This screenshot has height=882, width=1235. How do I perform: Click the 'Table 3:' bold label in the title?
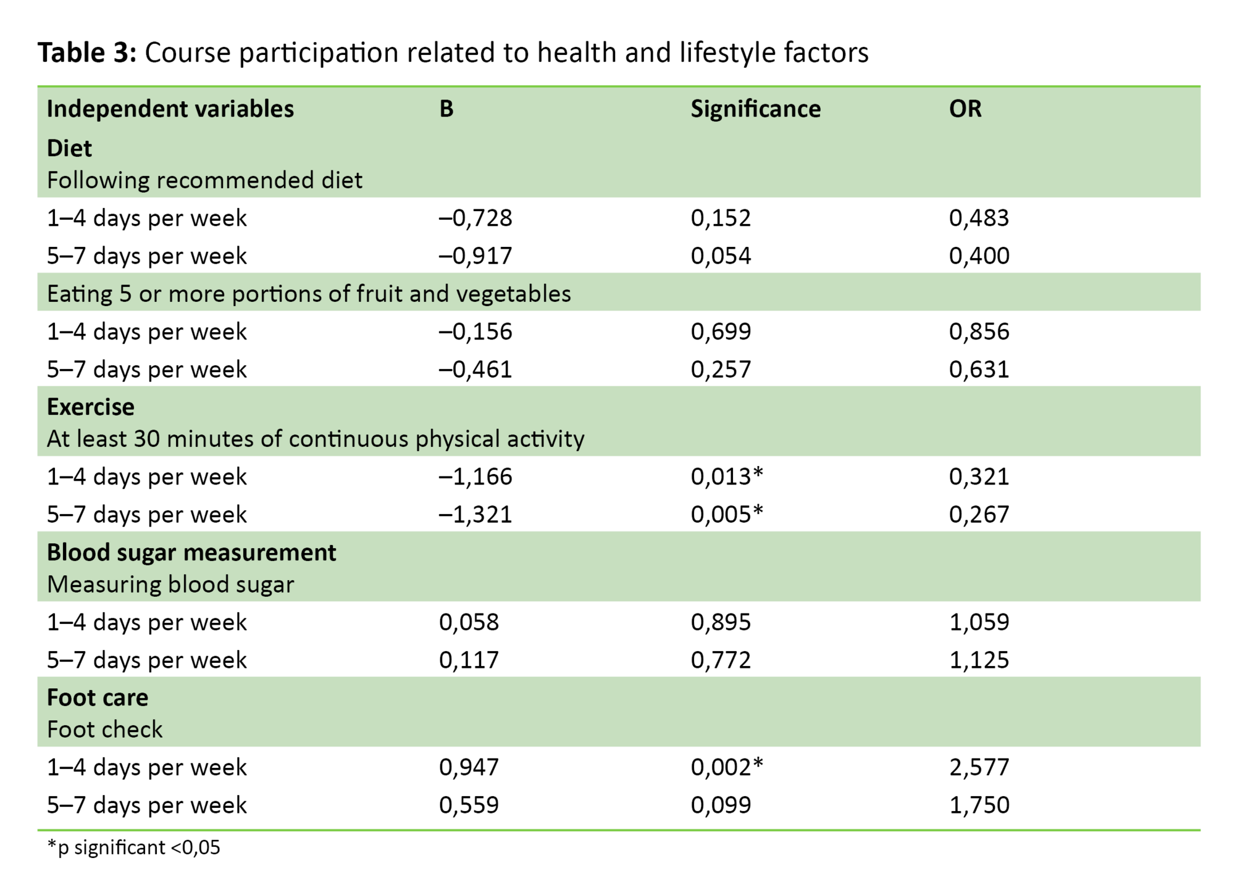point(86,52)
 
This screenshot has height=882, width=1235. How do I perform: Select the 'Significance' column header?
point(755,109)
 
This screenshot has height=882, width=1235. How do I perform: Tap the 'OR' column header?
point(965,109)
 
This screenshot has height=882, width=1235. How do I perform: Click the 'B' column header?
point(446,109)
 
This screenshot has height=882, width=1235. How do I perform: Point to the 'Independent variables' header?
point(170,109)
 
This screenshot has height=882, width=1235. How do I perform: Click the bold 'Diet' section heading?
point(69,148)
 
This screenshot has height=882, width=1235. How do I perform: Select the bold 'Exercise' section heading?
point(90,407)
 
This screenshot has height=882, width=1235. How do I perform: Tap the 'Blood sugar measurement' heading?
point(191,552)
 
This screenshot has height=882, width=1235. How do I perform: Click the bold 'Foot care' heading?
point(98,697)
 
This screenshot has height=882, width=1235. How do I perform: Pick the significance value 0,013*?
point(726,476)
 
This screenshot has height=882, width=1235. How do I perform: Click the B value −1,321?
point(475,514)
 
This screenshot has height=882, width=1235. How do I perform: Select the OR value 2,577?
point(979,767)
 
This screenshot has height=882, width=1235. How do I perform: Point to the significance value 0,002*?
point(726,767)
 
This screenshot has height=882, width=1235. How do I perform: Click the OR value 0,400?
point(979,256)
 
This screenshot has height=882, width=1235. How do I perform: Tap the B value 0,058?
point(469,622)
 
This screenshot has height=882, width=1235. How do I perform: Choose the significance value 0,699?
point(721,331)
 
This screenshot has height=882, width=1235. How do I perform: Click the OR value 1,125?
point(979,660)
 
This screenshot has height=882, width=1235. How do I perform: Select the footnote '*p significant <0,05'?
point(133,847)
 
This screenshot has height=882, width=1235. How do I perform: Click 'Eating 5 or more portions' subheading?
point(309,294)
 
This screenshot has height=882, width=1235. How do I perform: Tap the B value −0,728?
point(475,218)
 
